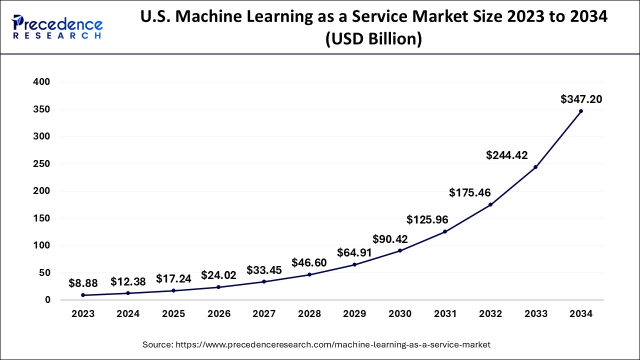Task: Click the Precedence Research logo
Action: click(x=57, y=27)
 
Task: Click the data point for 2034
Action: click(x=580, y=111)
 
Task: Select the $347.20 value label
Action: click(x=581, y=99)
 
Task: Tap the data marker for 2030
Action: click(x=400, y=250)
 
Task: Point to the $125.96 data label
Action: click(x=427, y=219)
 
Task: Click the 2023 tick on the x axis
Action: click(x=83, y=314)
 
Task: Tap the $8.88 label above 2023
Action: click(x=83, y=283)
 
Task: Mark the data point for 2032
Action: click(x=490, y=204)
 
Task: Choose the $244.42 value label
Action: click(x=506, y=155)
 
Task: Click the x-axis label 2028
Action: click(x=309, y=314)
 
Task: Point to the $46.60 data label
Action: click(x=309, y=263)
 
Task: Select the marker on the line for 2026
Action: click(x=218, y=287)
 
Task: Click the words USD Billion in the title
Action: click(x=373, y=39)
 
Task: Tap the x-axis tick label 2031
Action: click(x=445, y=314)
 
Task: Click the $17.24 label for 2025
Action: click(x=173, y=279)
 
